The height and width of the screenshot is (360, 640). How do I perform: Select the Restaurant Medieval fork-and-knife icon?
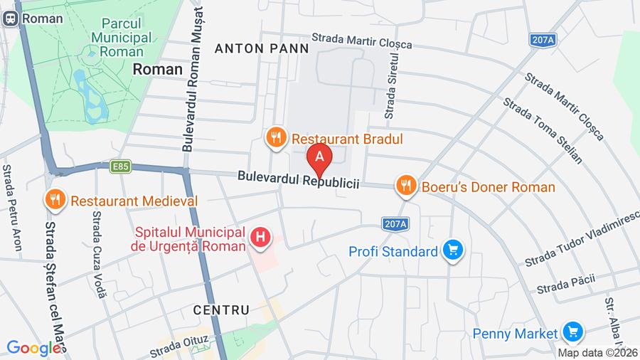click(55, 201)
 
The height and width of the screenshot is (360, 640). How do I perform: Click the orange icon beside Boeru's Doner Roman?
click(405, 187)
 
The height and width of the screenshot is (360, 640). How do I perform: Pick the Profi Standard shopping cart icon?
click(452, 250)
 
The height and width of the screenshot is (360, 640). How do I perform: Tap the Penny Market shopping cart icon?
click(572, 332)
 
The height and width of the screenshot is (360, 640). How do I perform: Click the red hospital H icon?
click(261, 238)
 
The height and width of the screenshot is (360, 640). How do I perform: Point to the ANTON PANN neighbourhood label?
click(262, 48)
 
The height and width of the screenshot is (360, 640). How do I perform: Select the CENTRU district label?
click(221, 310)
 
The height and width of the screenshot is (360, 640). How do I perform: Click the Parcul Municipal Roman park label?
click(121, 37)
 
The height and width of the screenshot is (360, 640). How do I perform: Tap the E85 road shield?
click(120, 166)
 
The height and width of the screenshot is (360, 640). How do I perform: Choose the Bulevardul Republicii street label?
click(298, 179)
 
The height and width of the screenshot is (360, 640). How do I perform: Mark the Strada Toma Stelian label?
click(543, 130)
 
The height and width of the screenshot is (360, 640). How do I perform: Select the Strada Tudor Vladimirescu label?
click(582, 239)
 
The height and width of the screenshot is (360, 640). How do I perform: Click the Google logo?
click(33, 349)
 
